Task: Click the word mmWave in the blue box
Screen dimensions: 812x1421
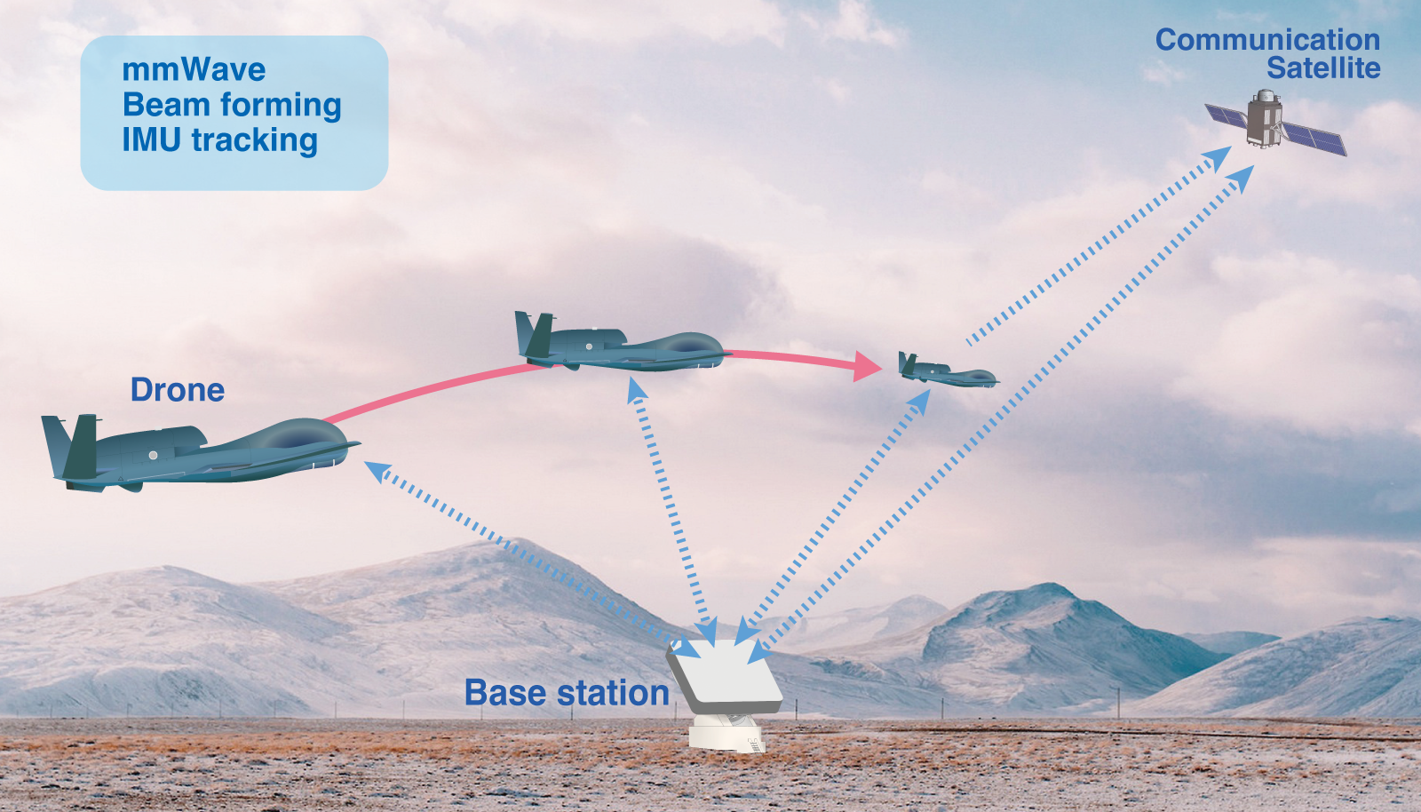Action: [x=194, y=69]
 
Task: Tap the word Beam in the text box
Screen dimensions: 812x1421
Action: [x=157, y=105]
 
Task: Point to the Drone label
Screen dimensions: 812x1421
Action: [x=178, y=390]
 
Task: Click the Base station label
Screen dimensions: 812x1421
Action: [x=567, y=693]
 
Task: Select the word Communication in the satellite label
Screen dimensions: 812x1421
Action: [x=1267, y=40]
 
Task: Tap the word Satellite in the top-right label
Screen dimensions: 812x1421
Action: [x=1323, y=68]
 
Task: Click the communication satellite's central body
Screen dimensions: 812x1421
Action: [x=1264, y=119]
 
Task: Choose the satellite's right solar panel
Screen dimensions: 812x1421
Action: [x=1314, y=139]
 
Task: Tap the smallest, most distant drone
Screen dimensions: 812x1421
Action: [x=947, y=371]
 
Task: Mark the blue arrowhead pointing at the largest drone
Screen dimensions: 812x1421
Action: [x=377, y=471]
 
